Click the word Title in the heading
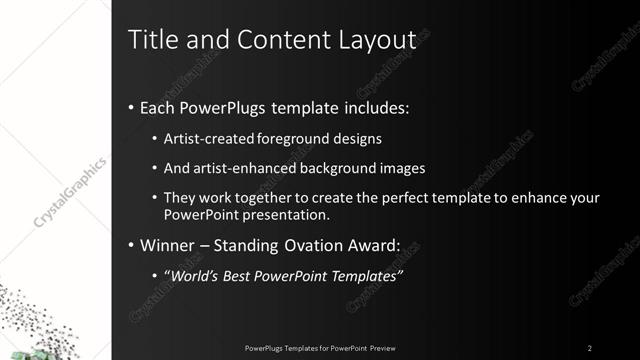(150, 41)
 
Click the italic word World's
(195, 275)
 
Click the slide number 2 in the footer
(590, 347)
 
